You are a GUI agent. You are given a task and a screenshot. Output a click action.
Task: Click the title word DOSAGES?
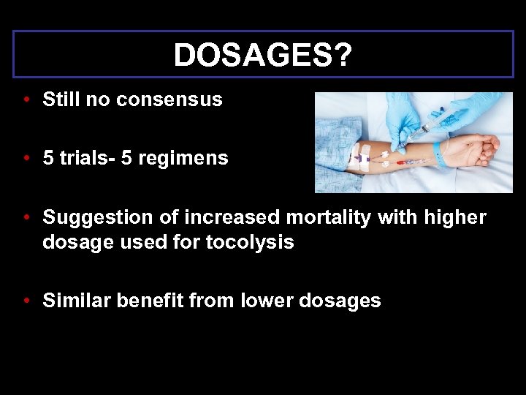point(263,55)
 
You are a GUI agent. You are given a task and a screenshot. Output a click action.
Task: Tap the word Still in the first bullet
point(61,99)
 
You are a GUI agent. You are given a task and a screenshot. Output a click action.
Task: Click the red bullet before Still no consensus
point(26,100)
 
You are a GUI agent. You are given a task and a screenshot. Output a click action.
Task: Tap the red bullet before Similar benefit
point(26,301)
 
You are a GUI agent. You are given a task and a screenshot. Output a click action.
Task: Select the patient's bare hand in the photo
point(475,150)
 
